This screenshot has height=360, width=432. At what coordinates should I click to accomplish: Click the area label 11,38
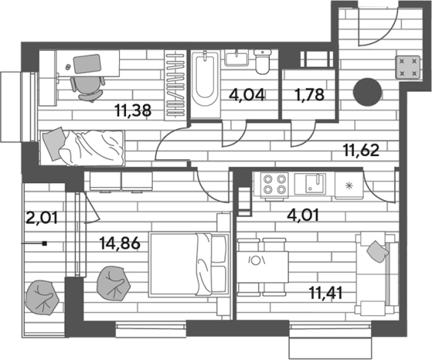(133, 111)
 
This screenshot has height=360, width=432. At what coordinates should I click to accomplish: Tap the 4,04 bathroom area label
(248, 95)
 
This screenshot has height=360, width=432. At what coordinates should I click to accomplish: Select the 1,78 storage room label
(309, 95)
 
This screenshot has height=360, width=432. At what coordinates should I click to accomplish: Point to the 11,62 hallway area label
(361, 151)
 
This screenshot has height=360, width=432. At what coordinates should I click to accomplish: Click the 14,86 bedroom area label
(120, 243)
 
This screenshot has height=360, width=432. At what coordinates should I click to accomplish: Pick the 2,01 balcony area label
(42, 218)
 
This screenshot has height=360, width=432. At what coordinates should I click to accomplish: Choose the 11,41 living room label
(326, 293)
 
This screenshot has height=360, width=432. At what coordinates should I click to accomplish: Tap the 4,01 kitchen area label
(303, 215)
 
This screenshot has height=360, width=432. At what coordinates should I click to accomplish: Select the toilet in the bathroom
(262, 62)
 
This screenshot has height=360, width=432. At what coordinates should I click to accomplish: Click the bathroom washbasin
(237, 58)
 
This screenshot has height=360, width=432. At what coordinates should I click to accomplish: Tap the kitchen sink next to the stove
(311, 184)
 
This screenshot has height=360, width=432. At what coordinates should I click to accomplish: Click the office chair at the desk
(88, 88)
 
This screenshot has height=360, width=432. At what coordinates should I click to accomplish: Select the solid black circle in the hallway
(367, 92)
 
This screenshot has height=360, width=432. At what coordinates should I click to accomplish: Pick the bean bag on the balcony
(42, 298)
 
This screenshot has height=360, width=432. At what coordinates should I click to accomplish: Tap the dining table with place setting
(263, 267)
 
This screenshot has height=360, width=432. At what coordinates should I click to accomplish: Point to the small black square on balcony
(45, 243)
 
